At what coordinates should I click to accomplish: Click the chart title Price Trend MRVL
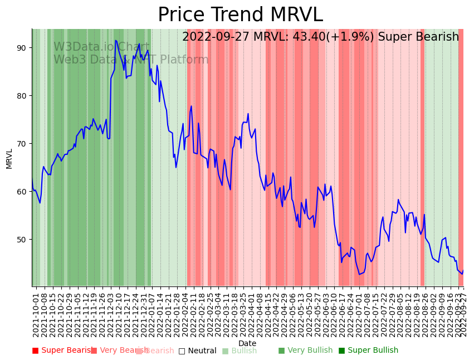point(240,15)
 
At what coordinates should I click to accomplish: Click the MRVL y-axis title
point(9,158)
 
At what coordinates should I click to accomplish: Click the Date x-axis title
point(247,343)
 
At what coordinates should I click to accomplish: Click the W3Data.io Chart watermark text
point(101,47)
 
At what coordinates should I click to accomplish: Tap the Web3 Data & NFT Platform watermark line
point(131,60)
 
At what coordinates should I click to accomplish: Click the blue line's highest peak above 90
point(116,40)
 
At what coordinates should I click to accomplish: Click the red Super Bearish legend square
point(35,351)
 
